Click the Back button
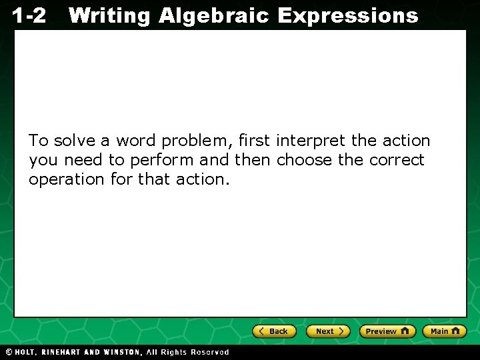(x=274, y=331)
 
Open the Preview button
(x=387, y=331)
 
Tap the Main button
(x=445, y=331)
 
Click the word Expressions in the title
(x=347, y=15)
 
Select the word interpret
(x=311, y=141)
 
